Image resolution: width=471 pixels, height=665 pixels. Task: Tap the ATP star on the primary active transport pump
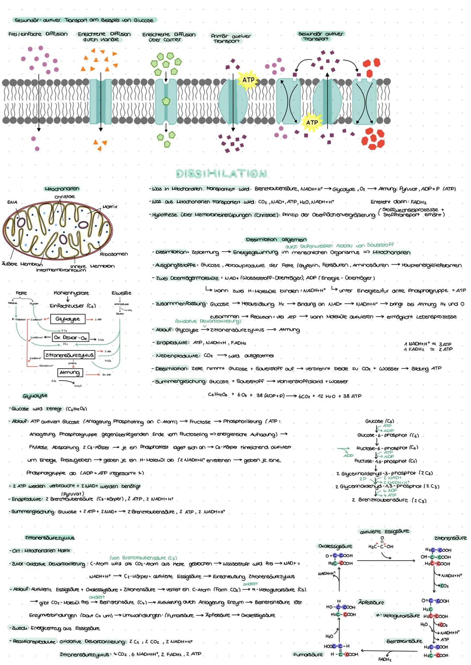[x=248, y=80]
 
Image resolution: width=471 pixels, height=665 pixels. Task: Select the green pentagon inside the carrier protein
[x=166, y=101]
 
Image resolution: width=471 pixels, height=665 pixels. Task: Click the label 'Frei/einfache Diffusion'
[x=38, y=34]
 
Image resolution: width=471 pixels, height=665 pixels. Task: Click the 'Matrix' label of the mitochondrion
[x=110, y=206]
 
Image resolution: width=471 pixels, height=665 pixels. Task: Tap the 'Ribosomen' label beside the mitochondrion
[x=114, y=254]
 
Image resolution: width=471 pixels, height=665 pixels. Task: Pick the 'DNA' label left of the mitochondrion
[x=12, y=202]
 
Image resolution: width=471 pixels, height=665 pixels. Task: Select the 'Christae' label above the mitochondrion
[x=65, y=197]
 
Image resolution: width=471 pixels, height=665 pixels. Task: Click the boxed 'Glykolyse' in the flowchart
[x=68, y=319]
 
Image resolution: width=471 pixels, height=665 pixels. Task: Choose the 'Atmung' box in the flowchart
[x=69, y=373]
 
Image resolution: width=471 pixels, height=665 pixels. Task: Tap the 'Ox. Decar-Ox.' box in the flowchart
[x=70, y=338]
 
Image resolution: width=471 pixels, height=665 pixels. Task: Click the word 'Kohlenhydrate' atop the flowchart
[x=71, y=293]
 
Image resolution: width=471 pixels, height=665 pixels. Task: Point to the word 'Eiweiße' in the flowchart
[x=121, y=293]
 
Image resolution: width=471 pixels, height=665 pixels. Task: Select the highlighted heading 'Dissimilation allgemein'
[x=276, y=239]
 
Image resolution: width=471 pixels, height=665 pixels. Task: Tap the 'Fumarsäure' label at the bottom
[x=308, y=655]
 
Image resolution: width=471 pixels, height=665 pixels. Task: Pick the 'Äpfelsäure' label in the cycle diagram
[x=371, y=602]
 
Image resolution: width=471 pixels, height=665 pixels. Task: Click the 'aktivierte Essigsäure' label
[x=384, y=532]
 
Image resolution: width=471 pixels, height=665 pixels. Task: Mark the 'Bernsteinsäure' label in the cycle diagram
[x=404, y=641]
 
